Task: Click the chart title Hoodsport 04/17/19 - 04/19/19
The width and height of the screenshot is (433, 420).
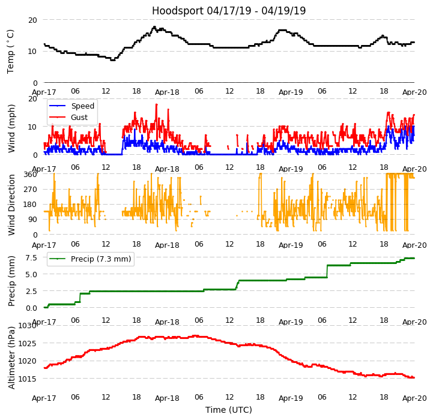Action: point(229,11)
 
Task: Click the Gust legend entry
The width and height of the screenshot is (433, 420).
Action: point(79,118)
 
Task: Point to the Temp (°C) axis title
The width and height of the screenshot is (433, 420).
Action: point(11,51)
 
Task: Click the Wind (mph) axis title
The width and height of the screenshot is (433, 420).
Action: point(11,128)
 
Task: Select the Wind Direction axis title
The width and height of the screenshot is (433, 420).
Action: point(11,204)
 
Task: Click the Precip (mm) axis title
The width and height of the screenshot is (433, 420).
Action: point(11,280)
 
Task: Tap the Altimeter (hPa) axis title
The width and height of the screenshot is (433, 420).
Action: point(11,357)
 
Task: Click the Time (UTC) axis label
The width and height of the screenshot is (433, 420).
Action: point(229,410)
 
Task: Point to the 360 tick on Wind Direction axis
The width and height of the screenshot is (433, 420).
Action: point(30,175)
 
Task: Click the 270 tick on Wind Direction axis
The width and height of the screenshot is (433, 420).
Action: point(30,190)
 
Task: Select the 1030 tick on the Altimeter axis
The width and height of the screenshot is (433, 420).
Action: point(28,326)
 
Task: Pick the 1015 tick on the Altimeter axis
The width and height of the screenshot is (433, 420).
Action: point(28,379)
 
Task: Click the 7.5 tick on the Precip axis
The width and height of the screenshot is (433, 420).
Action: point(31,257)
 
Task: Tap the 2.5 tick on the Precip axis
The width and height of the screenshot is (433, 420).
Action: point(31,291)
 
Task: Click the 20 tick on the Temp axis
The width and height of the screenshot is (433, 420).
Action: point(32,20)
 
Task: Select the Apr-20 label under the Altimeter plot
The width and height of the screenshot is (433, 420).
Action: point(414,398)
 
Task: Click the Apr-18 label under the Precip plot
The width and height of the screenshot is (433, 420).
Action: point(167,322)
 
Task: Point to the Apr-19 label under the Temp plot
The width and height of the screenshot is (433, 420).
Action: point(291,92)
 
